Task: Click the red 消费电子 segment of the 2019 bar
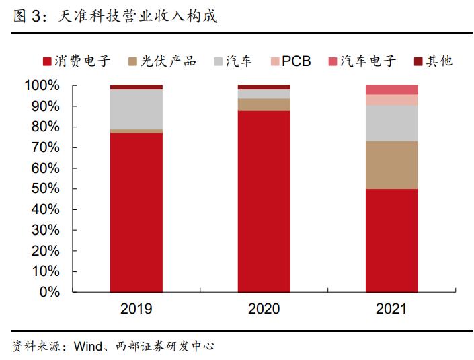coord(136,212)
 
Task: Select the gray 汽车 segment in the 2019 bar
coord(136,109)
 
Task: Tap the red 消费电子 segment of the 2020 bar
coord(264,201)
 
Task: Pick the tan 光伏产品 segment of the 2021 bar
coord(391,165)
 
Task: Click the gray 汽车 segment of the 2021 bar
coord(391,123)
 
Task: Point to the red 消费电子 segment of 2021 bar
coord(391,240)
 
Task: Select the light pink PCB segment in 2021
coord(391,100)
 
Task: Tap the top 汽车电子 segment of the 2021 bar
coord(391,89)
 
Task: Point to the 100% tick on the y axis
coord(41,85)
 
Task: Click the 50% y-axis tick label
coord(44,189)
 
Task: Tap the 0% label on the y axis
coord(48,292)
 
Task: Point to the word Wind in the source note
coord(87,347)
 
